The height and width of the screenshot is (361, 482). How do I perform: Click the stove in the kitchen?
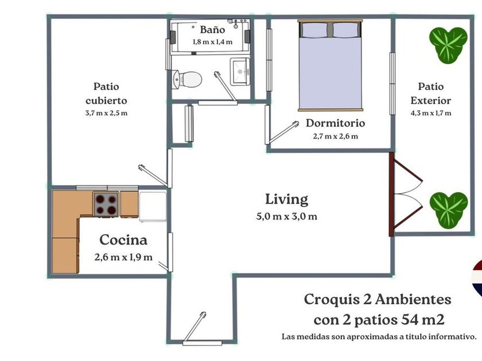click(x=106, y=205)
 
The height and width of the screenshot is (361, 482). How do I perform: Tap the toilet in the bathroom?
click(x=187, y=79)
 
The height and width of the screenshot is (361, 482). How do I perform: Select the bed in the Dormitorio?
click(x=330, y=65)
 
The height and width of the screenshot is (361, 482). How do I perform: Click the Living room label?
click(x=286, y=199)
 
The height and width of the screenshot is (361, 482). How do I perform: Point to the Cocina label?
click(x=123, y=240)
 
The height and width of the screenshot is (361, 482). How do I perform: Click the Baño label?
click(x=212, y=29)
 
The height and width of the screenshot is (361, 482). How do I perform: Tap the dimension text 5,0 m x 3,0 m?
click(x=286, y=217)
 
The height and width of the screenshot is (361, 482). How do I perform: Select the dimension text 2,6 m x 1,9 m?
click(x=123, y=257)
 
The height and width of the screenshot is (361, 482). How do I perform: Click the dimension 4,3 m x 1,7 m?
click(x=431, y=113)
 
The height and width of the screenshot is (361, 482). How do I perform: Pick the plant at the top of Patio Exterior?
click(x=448, y=45)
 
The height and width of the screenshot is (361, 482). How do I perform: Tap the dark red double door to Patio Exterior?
click(x=405, y=194)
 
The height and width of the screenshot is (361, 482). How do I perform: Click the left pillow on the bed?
click(x=314, y=29)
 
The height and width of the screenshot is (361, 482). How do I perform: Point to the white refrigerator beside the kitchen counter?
click(x=153, y=206)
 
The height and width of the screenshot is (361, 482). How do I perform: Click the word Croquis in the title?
click(x=332, y=300)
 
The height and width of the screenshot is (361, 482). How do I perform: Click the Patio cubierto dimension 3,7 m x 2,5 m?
click(x=106, y=113)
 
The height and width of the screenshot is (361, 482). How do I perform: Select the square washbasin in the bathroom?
click(x=240, y=72)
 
